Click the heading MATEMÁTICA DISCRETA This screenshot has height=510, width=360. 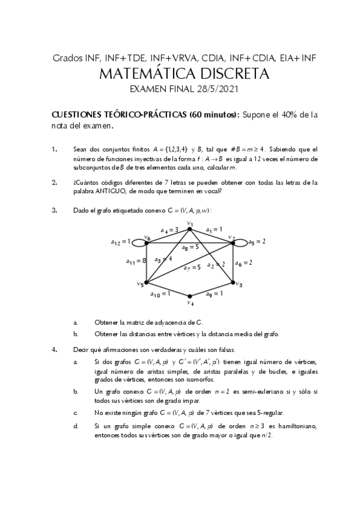[180, 74]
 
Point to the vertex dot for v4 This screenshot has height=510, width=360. [190, 296]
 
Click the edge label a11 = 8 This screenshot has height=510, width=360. [135, 261]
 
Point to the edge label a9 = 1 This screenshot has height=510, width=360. [215, 294]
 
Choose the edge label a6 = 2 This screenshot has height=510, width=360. [243, 262]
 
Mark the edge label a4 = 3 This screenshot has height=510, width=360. [169, 230]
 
